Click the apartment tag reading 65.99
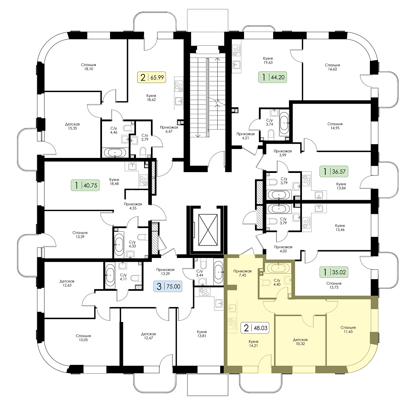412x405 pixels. pyautogui.click(x=152, y=77)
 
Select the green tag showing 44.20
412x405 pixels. pyautogui.click(x=272, y=77)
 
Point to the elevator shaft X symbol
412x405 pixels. pyautogui.click(x=208, y=230)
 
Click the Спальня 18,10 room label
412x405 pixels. pyautogui.click(x=89, y=67)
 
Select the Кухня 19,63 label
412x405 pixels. pyautogui.click(x=268, y=60)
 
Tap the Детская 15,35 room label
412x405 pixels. pyautogui.click(x=72, y=126)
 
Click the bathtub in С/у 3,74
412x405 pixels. pyautogui.click(x=284, y=123)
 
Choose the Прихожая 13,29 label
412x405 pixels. pyautogui.click(x=165, y=271)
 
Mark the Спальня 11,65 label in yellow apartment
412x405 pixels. pyautogui.click(x=348, y=330)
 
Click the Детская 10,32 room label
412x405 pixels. pyautogui.click(x=300, y=342)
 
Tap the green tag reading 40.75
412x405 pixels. pyautogui.click(x=85, y=185)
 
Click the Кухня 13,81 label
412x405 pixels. pyautogui.click(x=202, y=334)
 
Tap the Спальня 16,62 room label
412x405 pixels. pyautogui.click(x=332, y=67)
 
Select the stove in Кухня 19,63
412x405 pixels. pyautogui.click(x=237, y=51)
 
